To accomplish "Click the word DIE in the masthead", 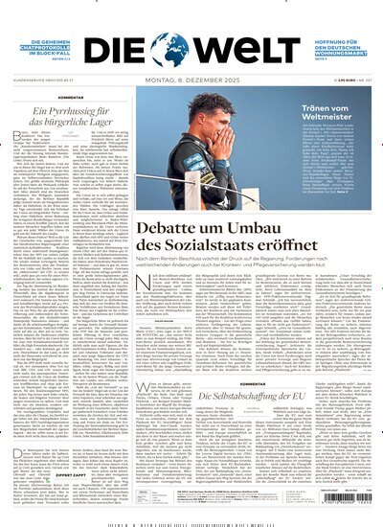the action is click(137, 49).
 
